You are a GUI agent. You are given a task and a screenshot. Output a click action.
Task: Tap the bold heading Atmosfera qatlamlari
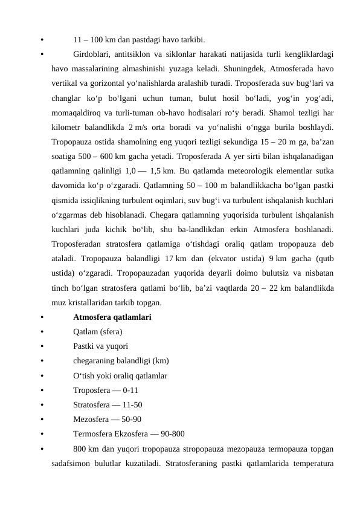pyautogui.click(x=112, y=317)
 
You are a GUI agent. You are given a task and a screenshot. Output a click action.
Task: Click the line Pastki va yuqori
pyautogui.click(x=100, y=346)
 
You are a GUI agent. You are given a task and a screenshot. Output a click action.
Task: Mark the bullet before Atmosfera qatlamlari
pyautogui.click(x=40, y=317)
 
